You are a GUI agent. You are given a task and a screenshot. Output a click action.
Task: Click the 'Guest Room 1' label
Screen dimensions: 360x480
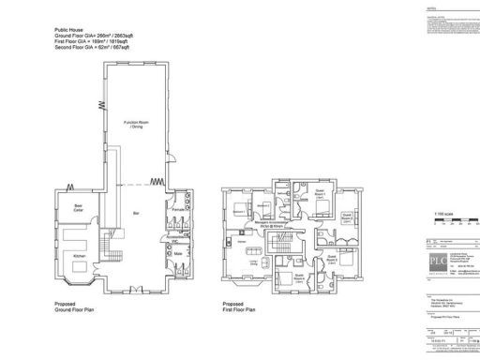point(320,191)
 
